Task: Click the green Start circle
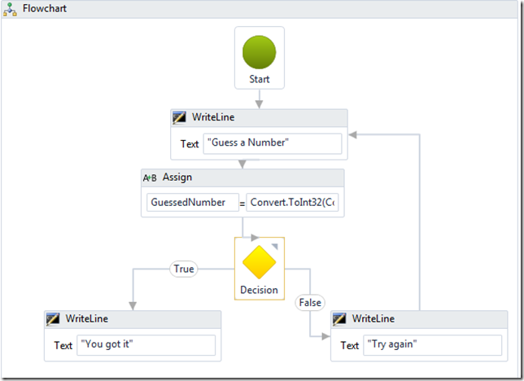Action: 260,52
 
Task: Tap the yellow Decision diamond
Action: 260,262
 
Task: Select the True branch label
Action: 184,269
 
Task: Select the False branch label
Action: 310,303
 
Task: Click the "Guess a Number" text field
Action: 273,143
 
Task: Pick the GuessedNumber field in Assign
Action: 193,203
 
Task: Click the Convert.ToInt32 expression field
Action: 292,203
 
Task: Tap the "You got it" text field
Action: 146,345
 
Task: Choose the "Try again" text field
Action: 432,345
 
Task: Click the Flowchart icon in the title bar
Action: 10,9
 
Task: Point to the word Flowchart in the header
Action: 45,8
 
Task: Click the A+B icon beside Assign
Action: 150,177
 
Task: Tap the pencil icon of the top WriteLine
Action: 179,118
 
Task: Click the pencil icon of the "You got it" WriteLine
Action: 53,319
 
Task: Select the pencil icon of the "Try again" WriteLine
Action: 339,319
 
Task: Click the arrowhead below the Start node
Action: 260,104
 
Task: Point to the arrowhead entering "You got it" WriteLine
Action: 133,306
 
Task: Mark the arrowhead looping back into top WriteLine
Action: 352,135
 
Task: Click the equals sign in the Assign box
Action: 242,204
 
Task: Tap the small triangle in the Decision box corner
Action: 275,247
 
